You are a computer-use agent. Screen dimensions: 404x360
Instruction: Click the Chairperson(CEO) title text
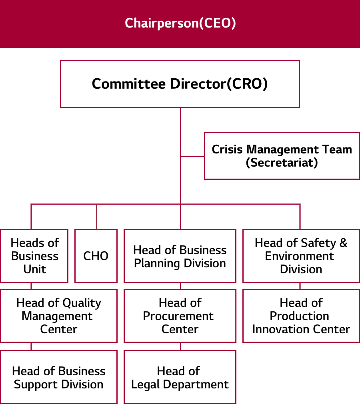click(180, 23)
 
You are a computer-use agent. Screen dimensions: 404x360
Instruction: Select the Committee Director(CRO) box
click(180, 84)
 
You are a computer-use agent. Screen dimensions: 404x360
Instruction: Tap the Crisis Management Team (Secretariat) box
click(282, 156)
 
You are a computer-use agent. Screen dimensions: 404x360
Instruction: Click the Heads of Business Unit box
click(34, 256)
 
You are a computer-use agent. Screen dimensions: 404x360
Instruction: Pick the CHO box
click(96, 256)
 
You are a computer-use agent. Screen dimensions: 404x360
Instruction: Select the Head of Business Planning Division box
click(180, 256)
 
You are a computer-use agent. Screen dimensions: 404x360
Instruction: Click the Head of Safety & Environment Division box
click(301, 256)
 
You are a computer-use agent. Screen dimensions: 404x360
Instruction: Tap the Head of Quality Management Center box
click(58, 316)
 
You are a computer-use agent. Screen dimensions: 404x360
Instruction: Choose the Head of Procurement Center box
click(180, 316)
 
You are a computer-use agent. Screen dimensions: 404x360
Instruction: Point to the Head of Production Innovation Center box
click(301, 316)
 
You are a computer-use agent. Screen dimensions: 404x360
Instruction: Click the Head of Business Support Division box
click(58, 377)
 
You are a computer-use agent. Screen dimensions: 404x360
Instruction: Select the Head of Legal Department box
click(180, 377)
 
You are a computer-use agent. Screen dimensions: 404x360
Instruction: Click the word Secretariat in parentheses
click(282, 163)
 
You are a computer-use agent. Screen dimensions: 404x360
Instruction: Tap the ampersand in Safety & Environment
click(343, 243)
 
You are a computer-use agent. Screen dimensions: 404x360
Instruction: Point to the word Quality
click(82, 303)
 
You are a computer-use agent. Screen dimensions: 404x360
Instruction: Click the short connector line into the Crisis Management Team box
click(192, 156)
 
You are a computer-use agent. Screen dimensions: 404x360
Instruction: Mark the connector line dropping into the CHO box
click(96, 217)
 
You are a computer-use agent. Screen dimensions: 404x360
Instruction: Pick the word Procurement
click(178, 316)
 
